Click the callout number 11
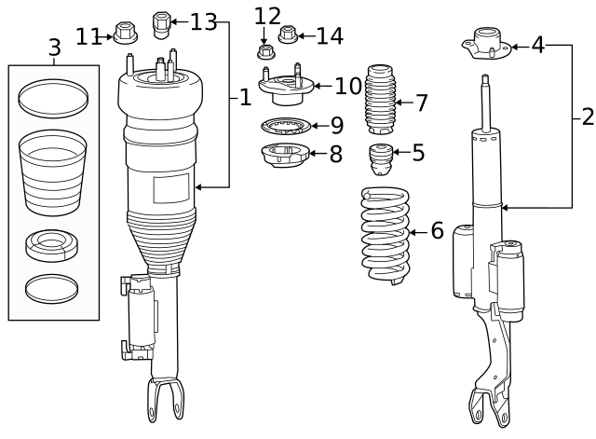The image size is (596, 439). (88, 36)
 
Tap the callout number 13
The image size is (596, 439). (202, 21)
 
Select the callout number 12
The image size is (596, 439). (267, 16)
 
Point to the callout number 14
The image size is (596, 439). (329, 36)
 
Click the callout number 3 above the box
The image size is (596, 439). (54, 47)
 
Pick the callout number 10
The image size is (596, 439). (348, 87)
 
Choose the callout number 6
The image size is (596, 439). (437, 230)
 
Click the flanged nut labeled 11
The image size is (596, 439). (124, 32)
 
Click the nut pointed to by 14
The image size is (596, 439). (289, 36)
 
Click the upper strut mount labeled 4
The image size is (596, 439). (488, 45)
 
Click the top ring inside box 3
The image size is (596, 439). (54, 96)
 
